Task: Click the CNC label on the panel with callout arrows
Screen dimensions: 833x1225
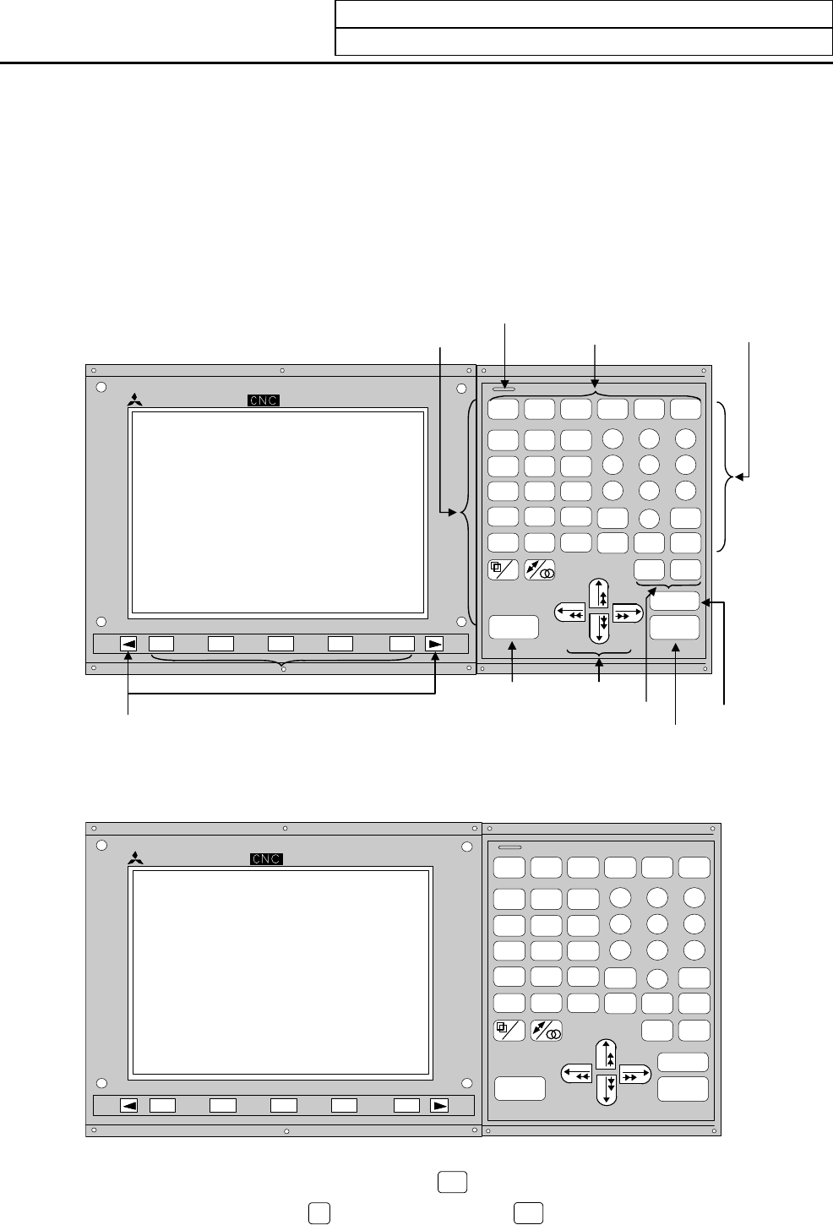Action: tap(263, 400)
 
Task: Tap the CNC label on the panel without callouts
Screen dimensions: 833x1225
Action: tap(266, 858)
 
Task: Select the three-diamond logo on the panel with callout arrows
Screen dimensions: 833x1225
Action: tap(135, 400)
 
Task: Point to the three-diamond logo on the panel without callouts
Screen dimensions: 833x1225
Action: tap(136, 858)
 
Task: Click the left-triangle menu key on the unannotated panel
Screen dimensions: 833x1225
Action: tap(129, 1105)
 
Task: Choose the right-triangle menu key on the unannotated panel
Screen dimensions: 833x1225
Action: tap(439, 1105)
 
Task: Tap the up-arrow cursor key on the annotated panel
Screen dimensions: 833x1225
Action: tap(599, 594)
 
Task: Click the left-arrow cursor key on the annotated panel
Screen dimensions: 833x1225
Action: tap(570, 612)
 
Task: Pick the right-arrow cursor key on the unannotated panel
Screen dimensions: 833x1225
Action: tap(635, 1074)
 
